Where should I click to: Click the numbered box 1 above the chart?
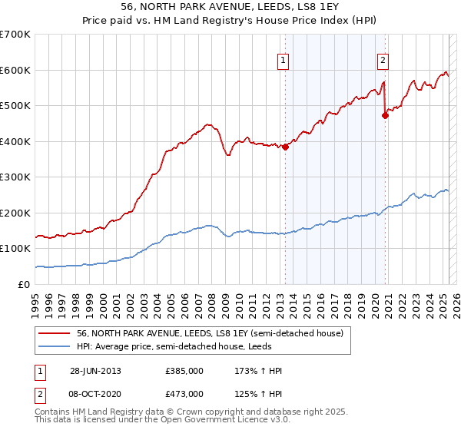click(283, 61)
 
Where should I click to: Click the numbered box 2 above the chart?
click(383, 61)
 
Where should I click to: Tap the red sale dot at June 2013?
click(285, 147)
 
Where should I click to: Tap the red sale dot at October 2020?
click(386, 116)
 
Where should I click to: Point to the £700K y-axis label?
click(15, 35)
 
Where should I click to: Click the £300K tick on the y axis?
click(15, 177)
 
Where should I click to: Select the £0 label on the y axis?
click(25, 284)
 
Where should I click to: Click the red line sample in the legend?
click(54, 333)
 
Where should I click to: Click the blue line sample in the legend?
click(54, 346)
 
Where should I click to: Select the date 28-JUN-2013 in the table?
click(95, 371)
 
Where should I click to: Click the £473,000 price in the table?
click(184, 394)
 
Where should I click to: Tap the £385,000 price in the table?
click(184, 371)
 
